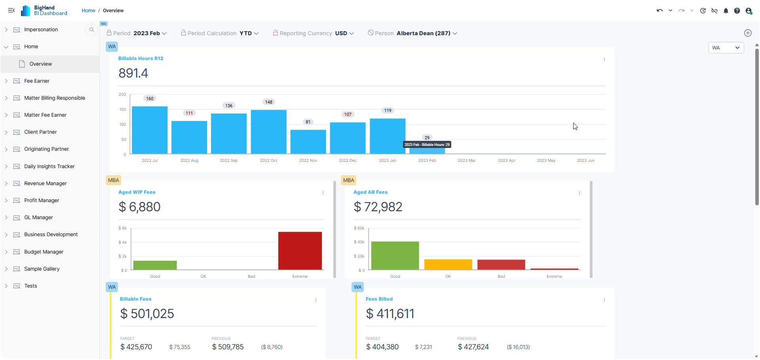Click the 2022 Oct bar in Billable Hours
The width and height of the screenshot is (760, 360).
click(268, 132)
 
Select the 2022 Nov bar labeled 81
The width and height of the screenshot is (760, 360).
click(308, 142)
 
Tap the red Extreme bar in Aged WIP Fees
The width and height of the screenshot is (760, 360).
click(300, 251)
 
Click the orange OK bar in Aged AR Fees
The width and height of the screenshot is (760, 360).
click(448, 264)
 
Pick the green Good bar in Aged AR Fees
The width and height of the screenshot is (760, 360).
click(395, 256)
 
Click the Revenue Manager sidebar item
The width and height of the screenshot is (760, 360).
click(46, 184)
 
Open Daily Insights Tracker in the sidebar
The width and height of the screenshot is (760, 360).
click(49, 167)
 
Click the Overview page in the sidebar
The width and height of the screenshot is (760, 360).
click(41, 64)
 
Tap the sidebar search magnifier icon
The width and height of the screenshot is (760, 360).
click(91, 30)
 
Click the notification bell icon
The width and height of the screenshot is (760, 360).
click(726, 11)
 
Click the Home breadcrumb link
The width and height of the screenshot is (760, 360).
click(88, 11)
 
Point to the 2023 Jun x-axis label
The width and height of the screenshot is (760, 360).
click(585, 161)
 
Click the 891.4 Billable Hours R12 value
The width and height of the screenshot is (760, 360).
click(133, 73)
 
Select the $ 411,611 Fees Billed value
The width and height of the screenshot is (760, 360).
click(390, 314)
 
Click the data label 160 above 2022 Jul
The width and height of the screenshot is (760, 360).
click(150, 99)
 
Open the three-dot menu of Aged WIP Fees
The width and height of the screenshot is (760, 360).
click(323, 193)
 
